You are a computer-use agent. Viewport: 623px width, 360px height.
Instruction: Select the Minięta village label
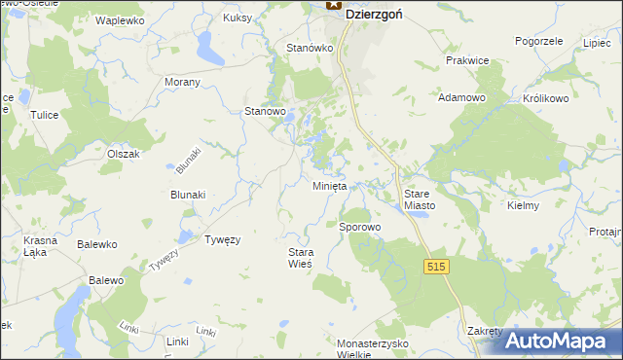click(x=331, y=186)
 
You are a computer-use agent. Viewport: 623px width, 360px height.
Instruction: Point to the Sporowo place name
click(x=359, y=227)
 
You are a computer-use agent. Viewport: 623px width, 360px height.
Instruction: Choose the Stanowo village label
click(x=264, y=112)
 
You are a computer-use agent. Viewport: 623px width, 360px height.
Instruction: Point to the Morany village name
click(x=182, y=82)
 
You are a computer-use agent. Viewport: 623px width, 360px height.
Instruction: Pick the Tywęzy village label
click(x=222, y=238)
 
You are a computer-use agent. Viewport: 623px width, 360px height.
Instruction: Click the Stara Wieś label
click(x=300, y=258)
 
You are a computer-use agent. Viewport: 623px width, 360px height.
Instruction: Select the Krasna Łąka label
click(x=42, y=245)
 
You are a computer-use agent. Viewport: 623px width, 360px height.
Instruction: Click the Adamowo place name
click(x=462, y=98)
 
